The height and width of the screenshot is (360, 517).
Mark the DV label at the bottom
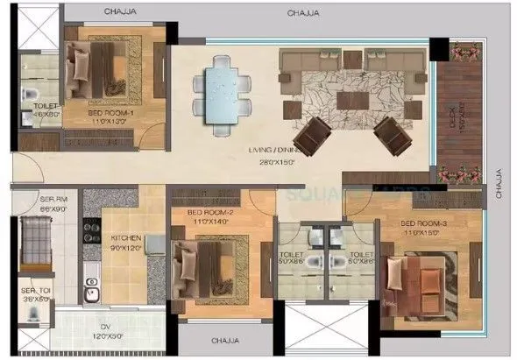click(x=105, y=330)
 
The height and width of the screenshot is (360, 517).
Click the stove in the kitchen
click(x=89, y=230)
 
